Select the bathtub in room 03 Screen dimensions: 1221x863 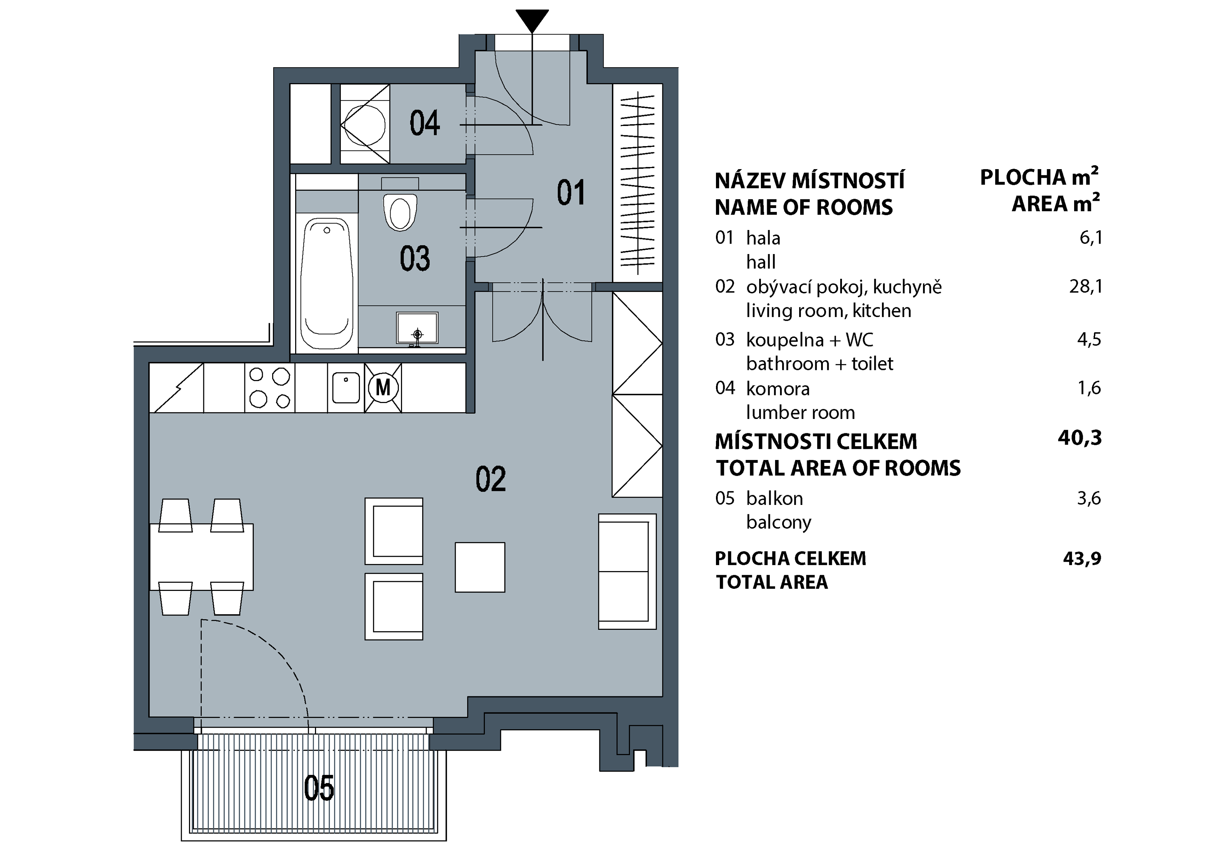[326, 283]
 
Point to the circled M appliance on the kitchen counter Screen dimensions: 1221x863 [383, 388]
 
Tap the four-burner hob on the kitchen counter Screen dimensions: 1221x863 [270, 388]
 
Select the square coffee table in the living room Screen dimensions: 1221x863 [480, 567]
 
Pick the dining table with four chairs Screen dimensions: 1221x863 [201, 557]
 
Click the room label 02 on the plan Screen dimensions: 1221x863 [490, 479]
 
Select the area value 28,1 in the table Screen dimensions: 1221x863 [1085, 287]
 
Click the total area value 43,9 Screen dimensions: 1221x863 [1082, 558]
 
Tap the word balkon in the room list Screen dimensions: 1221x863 [774, 498]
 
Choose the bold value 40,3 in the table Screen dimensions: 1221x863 [1080, 438]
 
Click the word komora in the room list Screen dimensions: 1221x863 [778, 389]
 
